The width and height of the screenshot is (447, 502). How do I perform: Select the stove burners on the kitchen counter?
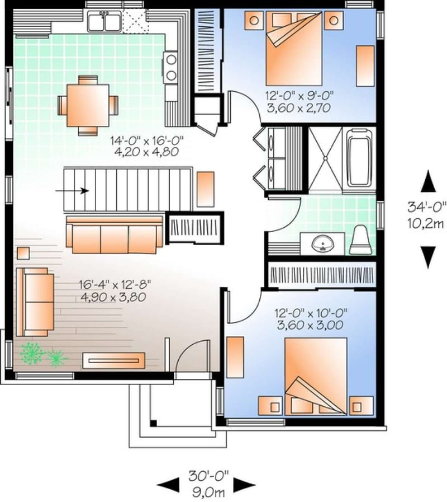coord(171,65)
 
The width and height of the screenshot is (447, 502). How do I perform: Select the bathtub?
coord(358,158)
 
